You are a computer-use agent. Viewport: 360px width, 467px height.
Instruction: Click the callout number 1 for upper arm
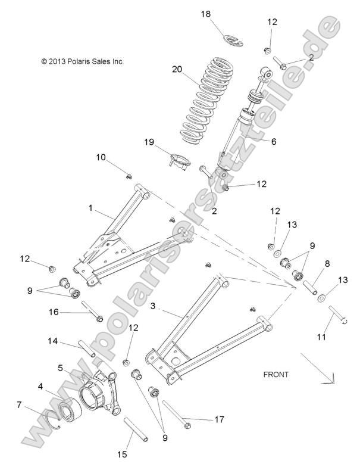point(91,208)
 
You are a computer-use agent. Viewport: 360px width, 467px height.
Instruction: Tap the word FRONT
point(276,375)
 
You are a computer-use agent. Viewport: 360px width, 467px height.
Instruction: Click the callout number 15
point(122,454)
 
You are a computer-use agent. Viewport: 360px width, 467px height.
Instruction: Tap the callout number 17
point(219,419)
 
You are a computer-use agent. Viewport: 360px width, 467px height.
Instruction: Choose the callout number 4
point(40,387)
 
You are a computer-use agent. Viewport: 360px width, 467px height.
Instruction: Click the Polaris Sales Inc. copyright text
point(82,61)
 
